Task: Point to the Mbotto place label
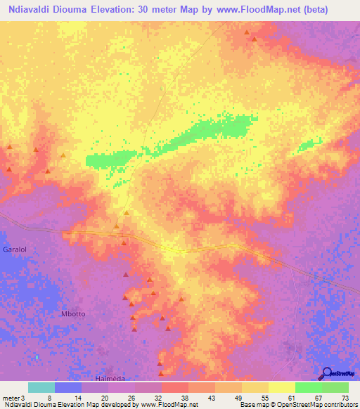(x=74, y=314)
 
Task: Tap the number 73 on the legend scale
(x=345, y=398)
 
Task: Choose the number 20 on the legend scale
(x=104, y=398)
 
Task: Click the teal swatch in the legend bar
(x=41, y=387)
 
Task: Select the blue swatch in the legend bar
(x=68, y=387)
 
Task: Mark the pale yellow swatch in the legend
(x=282, y=387)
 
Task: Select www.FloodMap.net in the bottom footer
(x=169, y=405)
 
